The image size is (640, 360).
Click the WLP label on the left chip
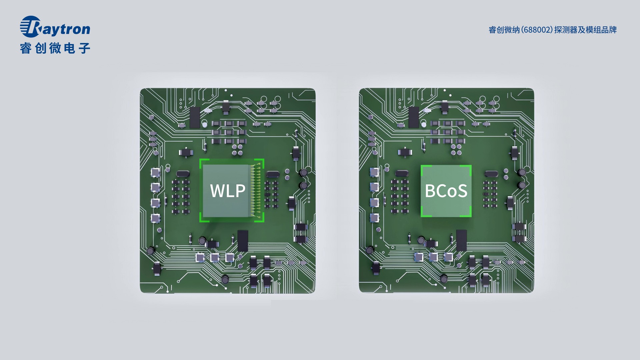pos(228,191)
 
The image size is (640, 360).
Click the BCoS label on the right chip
pos(446,191)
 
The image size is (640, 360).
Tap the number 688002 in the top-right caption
pos(536,30)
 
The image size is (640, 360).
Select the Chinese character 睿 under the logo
pos(26,48)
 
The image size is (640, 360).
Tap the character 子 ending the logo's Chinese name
pos(84,48)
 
